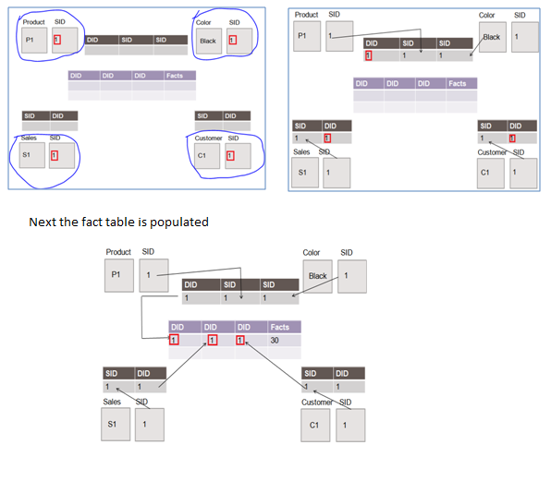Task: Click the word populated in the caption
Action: [x=178, y=222]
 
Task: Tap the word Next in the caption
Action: [x=41, y=222]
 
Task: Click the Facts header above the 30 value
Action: [x=279, y=327]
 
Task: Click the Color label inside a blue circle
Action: [x=204, y=21]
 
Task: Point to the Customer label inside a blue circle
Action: [x=208, y=138]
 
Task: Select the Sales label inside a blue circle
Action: [x=28, y=138]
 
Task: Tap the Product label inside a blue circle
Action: [x=33, y=21]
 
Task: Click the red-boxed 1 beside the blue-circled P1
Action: [x=55, y=40]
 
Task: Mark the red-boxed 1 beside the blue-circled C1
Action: [x=231, y=155]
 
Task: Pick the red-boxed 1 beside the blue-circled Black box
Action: [x=231, y=40]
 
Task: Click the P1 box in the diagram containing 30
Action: [x=117, y=274]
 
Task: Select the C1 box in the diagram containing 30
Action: [x=314, y=425]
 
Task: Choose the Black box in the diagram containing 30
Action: [x=317, y=276]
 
